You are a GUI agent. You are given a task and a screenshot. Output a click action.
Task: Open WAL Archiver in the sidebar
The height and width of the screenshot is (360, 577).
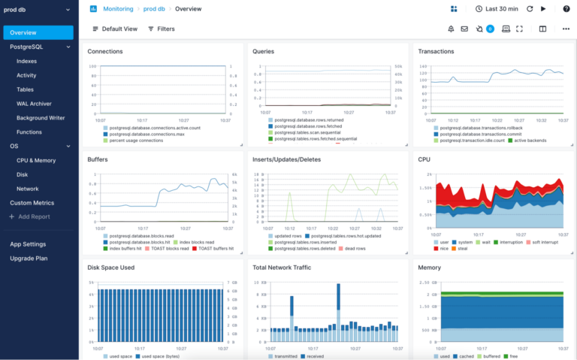pyautogui.click(x=34, y=104)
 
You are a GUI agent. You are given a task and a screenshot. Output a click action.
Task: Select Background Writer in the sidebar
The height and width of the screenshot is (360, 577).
pyautogui.click(x=40, y=118)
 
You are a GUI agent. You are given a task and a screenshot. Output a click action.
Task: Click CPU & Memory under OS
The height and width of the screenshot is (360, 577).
pyautogui.click(x=36, y=160)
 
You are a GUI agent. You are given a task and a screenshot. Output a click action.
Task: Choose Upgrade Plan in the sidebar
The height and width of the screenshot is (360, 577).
pyautogui.click(x=29, y=258)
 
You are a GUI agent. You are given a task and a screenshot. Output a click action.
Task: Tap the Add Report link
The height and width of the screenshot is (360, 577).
pyautogui.click(x=33, y=216)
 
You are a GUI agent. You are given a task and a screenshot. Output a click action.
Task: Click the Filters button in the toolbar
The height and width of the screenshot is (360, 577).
pyautogui.click(x=162, y=29)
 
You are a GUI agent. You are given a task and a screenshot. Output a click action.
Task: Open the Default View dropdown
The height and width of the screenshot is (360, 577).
pyautogui.click(x=115, y=29)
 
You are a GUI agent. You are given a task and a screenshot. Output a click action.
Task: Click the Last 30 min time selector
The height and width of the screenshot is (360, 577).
pyautogui.click(x=496, y=9)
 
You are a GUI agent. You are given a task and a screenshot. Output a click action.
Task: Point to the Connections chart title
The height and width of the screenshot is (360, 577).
pyautogui.click(x=105, y=52)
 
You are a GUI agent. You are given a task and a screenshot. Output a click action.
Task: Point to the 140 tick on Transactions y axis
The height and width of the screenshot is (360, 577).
pyautogui.click(x=422, y=66)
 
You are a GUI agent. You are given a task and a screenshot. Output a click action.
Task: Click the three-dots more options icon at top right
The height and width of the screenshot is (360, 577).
pyautogui.click(x=565, y=29)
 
